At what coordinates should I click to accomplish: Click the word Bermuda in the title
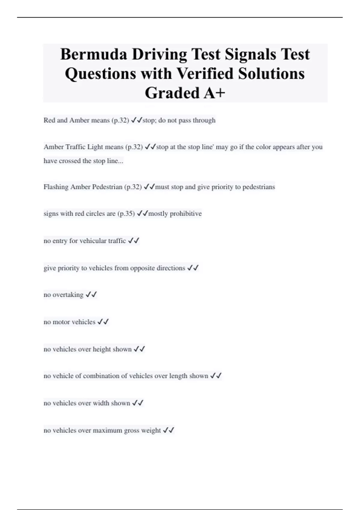(x=94, y=54)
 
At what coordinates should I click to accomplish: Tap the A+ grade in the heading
(x=214, y=93)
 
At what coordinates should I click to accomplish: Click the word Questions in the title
(x=100, y=73)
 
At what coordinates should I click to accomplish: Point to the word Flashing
(x=56, y=187)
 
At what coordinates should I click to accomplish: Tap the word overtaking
(x=68, y=295)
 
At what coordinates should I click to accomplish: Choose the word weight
(x=151, y=430)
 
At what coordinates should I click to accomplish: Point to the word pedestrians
(x=258, y=187)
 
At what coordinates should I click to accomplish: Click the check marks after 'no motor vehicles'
(x=103, y=322)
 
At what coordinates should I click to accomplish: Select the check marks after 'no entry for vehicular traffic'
(x=133, y=241)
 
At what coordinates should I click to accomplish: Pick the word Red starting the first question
(x=49, y=120)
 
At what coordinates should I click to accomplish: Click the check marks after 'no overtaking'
(x=91, y=295)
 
